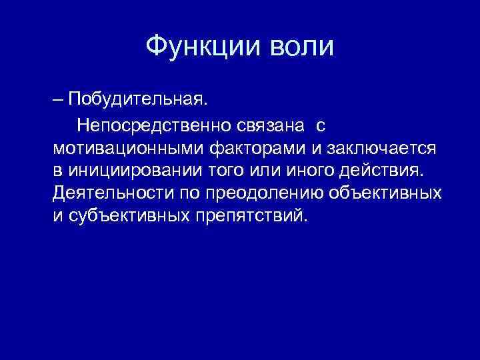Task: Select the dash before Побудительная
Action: coord(59,100)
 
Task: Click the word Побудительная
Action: coord(138,100)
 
